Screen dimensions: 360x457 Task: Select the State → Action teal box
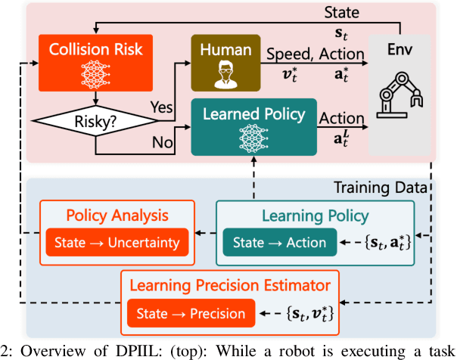279,243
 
